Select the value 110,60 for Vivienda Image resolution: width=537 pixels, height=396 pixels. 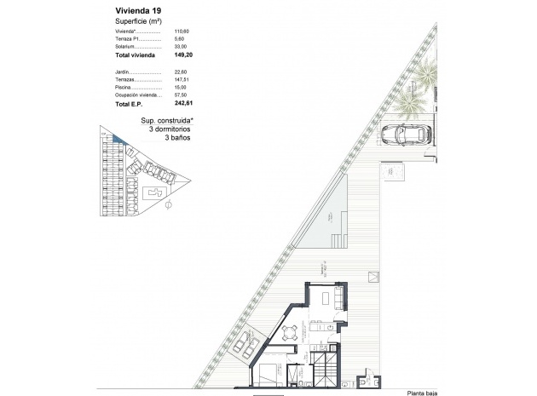pos(180,32)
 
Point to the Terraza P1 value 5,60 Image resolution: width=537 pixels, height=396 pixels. pos(178,39)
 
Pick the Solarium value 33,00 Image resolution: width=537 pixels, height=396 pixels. pos(180,47)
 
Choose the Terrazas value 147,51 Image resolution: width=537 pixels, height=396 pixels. pos(180,79)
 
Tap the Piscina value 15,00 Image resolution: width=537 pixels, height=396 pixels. pos(180,87)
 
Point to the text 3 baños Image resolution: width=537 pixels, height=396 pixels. pos(176,136)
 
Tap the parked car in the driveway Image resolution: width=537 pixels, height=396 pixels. pos(408,133)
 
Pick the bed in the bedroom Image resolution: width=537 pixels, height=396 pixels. pos(267,372)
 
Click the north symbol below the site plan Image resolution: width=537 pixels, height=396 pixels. pos(169,204)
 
